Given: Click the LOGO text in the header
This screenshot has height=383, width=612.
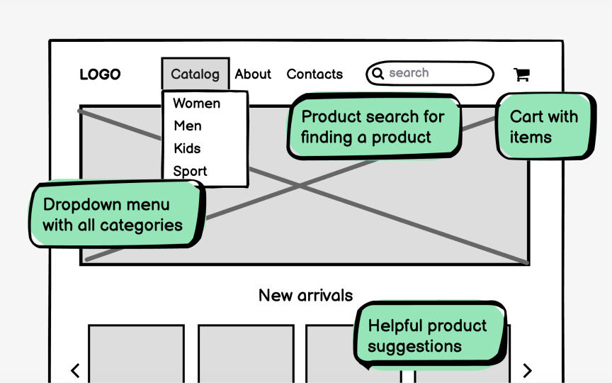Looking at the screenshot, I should [100, 74].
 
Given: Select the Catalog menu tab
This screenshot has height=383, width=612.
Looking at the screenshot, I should [195, 74].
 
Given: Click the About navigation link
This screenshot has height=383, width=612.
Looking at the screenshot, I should [253, 74].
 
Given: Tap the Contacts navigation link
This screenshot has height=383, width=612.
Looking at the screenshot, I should [314, 74].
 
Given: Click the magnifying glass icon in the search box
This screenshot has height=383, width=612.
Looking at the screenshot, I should [378, 73].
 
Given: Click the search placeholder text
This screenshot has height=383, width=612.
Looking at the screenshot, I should [409, 73].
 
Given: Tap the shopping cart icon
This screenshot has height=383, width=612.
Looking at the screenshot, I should [521, 74].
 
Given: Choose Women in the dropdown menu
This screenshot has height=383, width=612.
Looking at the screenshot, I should [196, 104].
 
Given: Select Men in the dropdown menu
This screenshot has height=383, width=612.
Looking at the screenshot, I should [188, 126].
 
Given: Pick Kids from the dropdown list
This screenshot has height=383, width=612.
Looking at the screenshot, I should [187, 149].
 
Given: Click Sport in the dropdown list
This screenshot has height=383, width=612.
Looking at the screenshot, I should [190, 172].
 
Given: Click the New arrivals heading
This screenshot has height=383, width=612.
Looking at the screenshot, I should [305, 295].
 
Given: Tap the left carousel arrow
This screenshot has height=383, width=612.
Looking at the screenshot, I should [75, 370].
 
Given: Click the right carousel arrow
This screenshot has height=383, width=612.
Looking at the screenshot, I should [527, 370].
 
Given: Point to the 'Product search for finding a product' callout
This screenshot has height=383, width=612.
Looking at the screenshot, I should [373, 127].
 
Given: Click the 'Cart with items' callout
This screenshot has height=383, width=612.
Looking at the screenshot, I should [544, 127].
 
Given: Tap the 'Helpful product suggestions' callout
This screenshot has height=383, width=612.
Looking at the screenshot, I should [428, 336].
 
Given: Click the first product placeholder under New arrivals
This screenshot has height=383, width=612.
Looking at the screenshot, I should [136, 355].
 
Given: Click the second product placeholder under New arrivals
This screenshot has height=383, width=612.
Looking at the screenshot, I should [245, 355].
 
